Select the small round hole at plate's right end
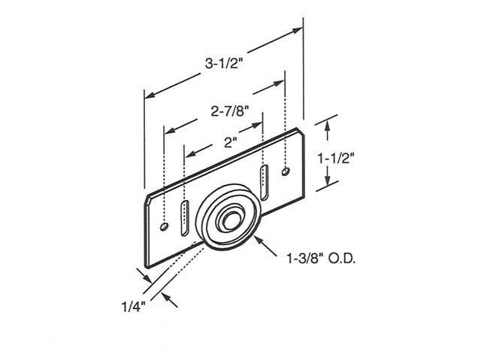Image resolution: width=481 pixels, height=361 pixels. pos(285,173)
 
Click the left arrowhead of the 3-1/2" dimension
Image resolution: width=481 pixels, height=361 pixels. pos(147,95)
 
